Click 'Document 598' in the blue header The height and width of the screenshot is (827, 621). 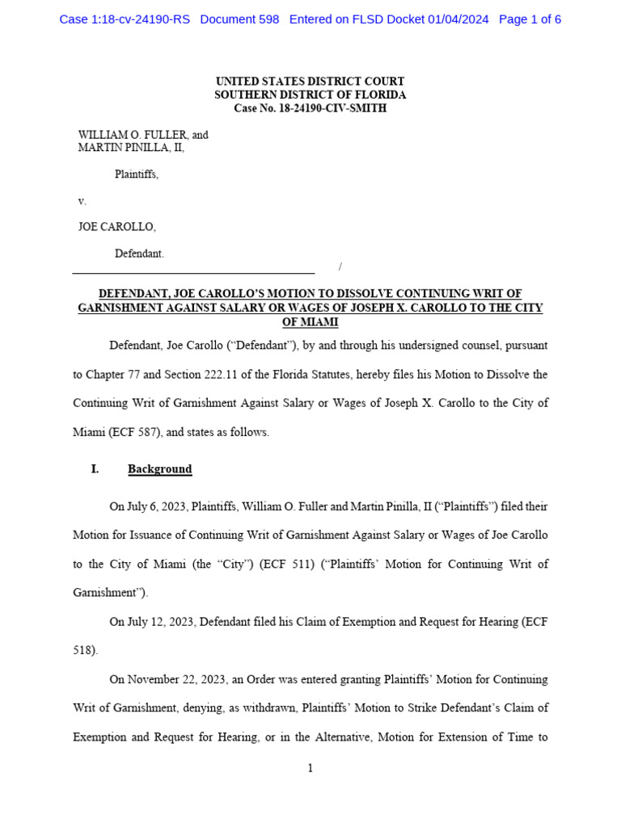[239, 19]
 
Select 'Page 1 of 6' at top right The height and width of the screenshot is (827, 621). [530, 19]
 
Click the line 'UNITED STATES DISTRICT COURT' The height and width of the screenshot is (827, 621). [310, 82]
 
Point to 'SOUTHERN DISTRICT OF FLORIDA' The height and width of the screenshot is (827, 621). [310, 95]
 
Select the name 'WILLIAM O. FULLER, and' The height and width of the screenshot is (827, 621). [143, 135]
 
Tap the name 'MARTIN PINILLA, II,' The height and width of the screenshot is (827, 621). [131, 148]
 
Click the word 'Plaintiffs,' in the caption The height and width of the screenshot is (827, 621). [137, 174]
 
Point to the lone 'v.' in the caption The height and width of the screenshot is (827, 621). [82, 201]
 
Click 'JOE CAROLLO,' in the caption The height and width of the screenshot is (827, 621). [116, 227]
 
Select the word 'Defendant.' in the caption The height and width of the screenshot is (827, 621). [139, 254]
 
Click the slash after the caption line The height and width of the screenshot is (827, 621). [340, 267]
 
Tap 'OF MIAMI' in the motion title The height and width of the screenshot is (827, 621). [310, 322]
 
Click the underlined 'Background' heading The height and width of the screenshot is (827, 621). [159, 469]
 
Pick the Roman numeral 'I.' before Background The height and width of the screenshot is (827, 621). [95, 469]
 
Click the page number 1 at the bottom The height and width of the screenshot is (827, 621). [310, 768]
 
